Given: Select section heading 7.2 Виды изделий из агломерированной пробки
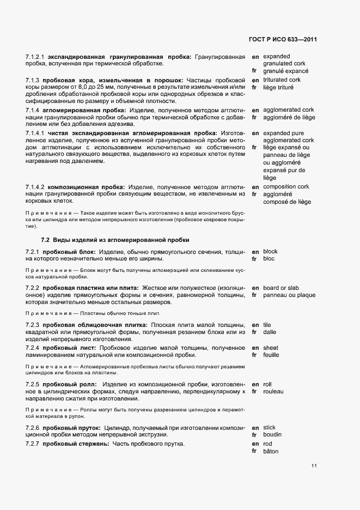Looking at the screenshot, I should point(115,240).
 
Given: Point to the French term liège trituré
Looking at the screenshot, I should point(278,87).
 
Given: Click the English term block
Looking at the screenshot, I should point(270,251).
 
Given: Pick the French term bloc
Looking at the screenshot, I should point(270,259).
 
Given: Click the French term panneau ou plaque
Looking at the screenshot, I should point(289,295).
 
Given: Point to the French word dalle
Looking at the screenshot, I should point(270,332).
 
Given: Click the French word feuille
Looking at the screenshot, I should point(271,355).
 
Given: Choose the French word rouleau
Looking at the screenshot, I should point(273,391).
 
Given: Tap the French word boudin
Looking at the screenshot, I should point(273,435).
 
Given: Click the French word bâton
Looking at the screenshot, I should point(271,451).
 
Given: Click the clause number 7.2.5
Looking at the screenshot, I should point(33,385).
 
